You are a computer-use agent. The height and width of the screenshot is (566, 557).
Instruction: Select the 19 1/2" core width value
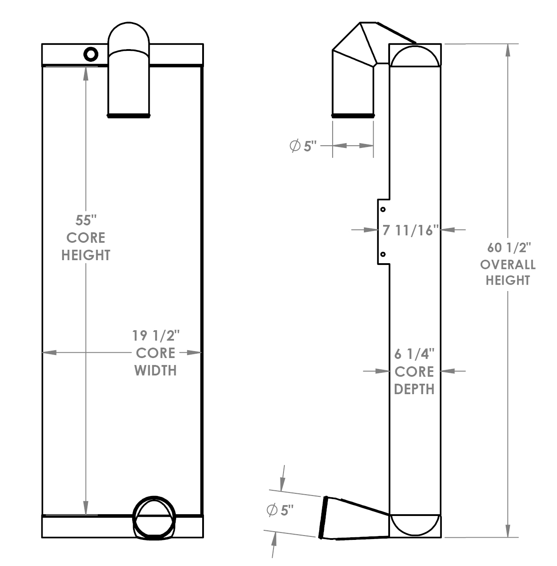tap(156, 335)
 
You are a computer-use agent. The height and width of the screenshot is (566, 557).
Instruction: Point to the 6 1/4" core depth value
tap(414, 355)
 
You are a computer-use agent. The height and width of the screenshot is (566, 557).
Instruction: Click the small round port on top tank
tap(91, 54)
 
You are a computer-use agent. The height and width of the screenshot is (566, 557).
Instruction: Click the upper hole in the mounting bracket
tap(383, 210)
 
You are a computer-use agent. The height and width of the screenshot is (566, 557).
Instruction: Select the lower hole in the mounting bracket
tap(383, 254)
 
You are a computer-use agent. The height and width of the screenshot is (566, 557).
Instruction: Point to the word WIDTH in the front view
tap(155, 371)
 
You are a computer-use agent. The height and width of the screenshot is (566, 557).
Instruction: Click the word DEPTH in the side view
tap(414, 389)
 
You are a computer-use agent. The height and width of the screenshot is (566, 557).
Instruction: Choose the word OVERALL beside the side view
tap(507, 265)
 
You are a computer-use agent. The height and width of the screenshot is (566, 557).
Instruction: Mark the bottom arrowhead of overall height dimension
tap(507, 531)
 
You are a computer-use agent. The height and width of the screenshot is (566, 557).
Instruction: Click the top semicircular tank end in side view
tap(415, 56)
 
